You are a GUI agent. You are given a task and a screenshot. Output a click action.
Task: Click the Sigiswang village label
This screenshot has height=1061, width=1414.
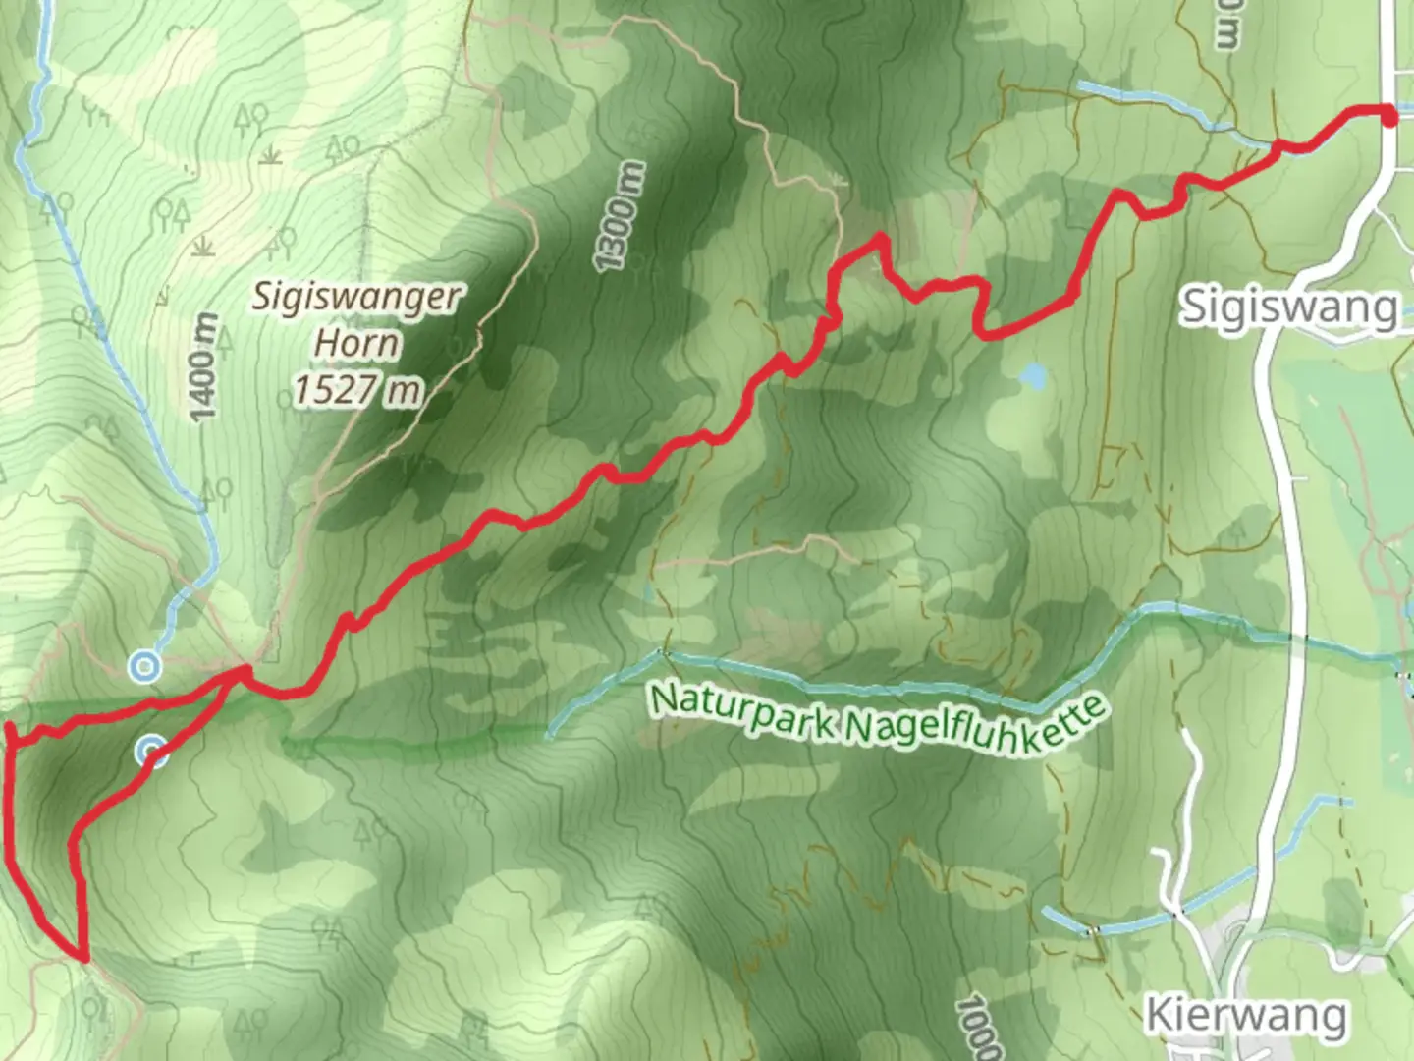tap(1288, 307)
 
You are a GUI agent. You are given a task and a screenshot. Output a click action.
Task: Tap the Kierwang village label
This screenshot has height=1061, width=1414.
tap(1245, 1015)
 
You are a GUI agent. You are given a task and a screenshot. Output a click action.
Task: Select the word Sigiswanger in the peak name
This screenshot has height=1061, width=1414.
tap(355, 296)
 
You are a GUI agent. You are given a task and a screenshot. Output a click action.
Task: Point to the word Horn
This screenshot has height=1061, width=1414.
tap(356, 344)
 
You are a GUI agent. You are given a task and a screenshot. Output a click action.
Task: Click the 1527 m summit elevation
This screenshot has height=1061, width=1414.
tap(356, 390)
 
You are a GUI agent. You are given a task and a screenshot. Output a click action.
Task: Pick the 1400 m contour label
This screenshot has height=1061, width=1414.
tap(203, 368)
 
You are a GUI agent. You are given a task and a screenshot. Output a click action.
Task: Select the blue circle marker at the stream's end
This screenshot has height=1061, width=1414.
tap(145, 668)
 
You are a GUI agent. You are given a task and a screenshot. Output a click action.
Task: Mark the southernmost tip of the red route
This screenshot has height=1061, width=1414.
tap(84, 957)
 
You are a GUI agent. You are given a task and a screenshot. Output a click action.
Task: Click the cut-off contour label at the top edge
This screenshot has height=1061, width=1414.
tap(1226, 25)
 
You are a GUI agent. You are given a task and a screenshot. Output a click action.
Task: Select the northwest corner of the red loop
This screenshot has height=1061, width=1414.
tap(10, 728)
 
